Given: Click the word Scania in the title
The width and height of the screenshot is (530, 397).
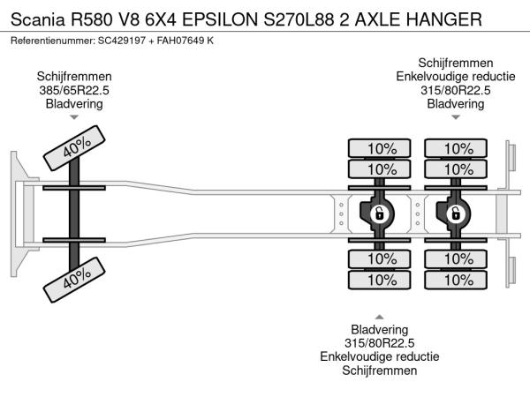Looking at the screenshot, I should tap(36, 19).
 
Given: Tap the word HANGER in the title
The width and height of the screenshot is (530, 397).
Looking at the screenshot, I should tap(445, 19).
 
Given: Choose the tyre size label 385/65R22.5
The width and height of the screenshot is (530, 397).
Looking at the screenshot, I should tap(74, 90).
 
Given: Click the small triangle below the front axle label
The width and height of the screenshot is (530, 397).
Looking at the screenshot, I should tap(74, 116).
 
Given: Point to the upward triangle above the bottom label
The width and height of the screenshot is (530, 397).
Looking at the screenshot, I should tap(380, 317).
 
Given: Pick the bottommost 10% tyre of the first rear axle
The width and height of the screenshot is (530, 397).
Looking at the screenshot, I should tap(381, 280).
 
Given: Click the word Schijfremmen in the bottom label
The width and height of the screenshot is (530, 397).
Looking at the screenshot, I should tap(380, 371).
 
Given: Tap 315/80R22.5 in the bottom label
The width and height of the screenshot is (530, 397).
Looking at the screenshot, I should tap(380, 343).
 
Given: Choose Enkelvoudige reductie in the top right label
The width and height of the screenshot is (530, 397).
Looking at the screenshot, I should tap(456, 76).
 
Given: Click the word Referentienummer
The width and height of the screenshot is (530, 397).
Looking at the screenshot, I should tap(51, 41).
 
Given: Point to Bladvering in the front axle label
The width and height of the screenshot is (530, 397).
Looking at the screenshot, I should tap(74, 103).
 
